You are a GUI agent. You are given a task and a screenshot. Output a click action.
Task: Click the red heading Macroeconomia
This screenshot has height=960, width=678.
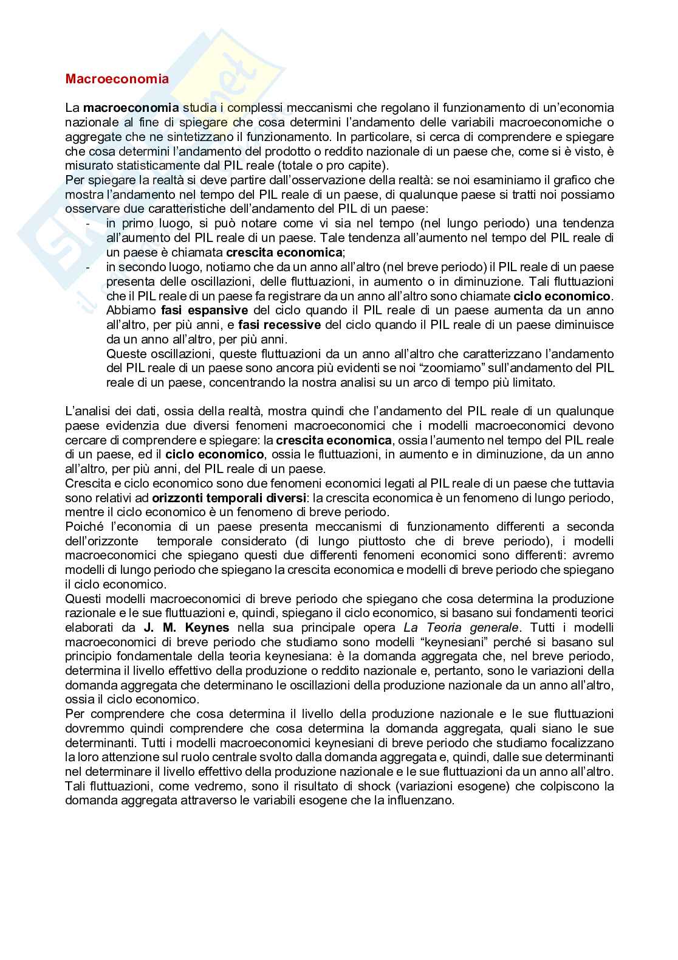pos(117,79)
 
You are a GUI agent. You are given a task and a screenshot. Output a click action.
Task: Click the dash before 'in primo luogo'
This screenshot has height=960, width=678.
pos(88,224)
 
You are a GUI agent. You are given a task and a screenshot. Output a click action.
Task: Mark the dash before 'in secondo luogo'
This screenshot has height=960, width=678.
pos(88,268)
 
